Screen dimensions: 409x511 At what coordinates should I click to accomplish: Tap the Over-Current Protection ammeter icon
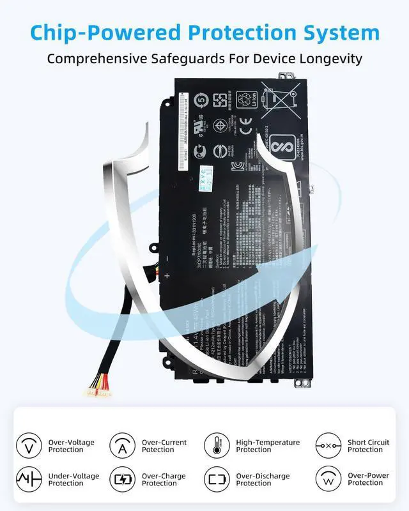click(122, 445)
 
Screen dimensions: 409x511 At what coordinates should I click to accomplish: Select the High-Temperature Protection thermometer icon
click(217, 445)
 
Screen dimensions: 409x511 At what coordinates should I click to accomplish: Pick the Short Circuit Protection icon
click(328, 445)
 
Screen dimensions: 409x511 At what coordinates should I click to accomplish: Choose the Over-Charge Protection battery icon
click(122, 479)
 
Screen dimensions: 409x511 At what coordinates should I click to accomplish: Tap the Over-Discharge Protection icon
click(217, 479)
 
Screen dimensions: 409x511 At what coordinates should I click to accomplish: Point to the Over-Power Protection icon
click(328, 479)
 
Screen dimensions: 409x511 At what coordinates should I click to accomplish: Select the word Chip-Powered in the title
click(83, 32)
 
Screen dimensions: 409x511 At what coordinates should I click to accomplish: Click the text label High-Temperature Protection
click(268, 446)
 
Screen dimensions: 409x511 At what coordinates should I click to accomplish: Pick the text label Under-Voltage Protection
click(74, 480)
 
